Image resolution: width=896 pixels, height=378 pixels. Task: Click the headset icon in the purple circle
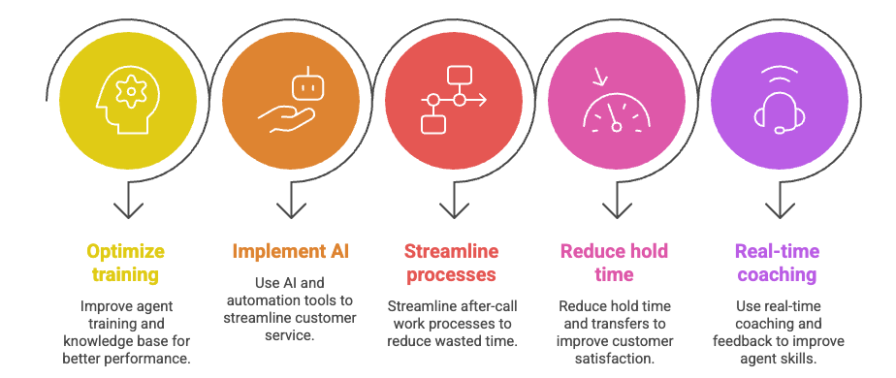coord(779,101)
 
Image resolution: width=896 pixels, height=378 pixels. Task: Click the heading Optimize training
coord(126,263)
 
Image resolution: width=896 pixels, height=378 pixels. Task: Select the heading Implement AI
coord(290,251)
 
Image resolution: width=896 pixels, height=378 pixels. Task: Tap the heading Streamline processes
coord(452,263)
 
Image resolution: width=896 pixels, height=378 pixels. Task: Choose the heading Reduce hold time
coord(614,263)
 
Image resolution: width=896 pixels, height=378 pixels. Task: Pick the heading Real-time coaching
coord(777,263)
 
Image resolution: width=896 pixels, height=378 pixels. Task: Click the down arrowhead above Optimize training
coord(128,210)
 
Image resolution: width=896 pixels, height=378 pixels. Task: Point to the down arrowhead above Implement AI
coord(291,210)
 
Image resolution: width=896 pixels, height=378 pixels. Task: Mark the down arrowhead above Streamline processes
coord(454,210)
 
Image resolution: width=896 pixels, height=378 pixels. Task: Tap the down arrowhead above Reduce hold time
coord(617,210)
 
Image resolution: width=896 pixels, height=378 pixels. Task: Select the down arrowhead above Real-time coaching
coord(780,210)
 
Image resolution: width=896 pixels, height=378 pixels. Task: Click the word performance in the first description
coord(154,360)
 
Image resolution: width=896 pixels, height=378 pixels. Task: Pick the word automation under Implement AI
coord(261,300)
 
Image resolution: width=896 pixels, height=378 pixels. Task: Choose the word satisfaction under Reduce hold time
coord(614,360)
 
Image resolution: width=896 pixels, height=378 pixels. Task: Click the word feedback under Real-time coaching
coord(737,341)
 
